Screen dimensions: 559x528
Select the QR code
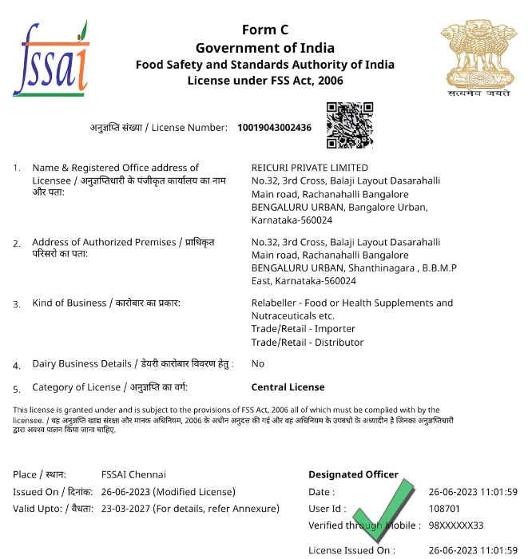click(x=349, y=125)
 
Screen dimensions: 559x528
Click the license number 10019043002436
click(x=274, y=128)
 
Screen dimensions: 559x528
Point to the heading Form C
click(x=264, y=30)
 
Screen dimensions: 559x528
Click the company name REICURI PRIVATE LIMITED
click(x=309, y=168)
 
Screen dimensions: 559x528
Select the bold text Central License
click(x=288, y=387)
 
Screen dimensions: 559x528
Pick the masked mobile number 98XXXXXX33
click(x=455, y=525)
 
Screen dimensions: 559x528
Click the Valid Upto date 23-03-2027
click(x=128, y=509)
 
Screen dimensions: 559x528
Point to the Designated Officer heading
click(x=353, y=474)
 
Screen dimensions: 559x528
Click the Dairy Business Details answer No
click(x=257, y=363)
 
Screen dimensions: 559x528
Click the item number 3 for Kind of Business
click(x=17, y=303)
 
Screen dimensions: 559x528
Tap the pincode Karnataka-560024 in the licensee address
click(x=292, y=220)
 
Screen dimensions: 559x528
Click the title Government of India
click(x=264, y=48)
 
